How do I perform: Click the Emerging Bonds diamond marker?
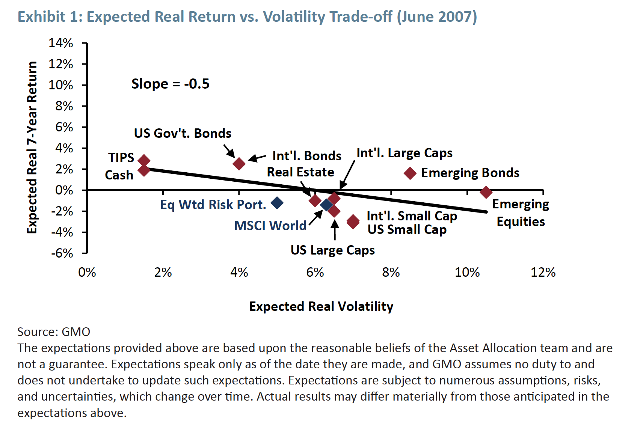(410, 173)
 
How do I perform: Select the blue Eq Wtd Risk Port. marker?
(277, 203)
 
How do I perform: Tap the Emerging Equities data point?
(486, 192)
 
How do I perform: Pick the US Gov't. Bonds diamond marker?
(239, 164)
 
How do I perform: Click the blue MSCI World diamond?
(326, 205)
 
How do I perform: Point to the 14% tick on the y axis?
(61, 43)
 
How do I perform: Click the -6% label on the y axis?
(62, 253)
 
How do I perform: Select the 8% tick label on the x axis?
(391, 273)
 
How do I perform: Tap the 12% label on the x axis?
(543, 273)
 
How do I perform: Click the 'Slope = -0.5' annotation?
(170, 84)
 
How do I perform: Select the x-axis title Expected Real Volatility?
(321, 306)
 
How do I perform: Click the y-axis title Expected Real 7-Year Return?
(32, 148)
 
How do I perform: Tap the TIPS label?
(121, 158)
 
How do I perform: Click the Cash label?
(119, 175)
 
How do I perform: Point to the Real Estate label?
(300, 172)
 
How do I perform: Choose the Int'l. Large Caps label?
(404, 153)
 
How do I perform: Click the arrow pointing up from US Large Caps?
(335, 230)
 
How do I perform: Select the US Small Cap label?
(407, 229)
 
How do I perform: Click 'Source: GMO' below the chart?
(54, 332)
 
